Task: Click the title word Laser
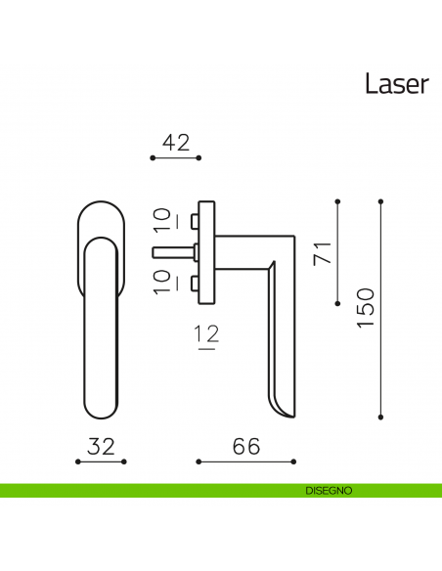pyautogui.click(x=396, y=84)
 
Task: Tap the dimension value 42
pyautogui.click(x=176, y=142)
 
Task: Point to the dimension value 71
pyautogui.click(x=320, y=252)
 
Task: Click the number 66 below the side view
pyautogui.click(x=245, y=446)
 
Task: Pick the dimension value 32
pyautogui.click(x=102, y=446)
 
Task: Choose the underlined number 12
pyautogui.click(x=205, y=335)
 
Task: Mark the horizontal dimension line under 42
pyautogui.click(x=176, y=157)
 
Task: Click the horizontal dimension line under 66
pyautogui.click(x=245, y=461)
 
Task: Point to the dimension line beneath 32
pyautogui.click(x=102, y=461)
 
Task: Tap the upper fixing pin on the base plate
pyautogui.click(x=196, y=219)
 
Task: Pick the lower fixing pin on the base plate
pyautogui.click(x=196, y=285)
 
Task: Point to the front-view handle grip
pyautogui.click(x=103, y=332)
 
